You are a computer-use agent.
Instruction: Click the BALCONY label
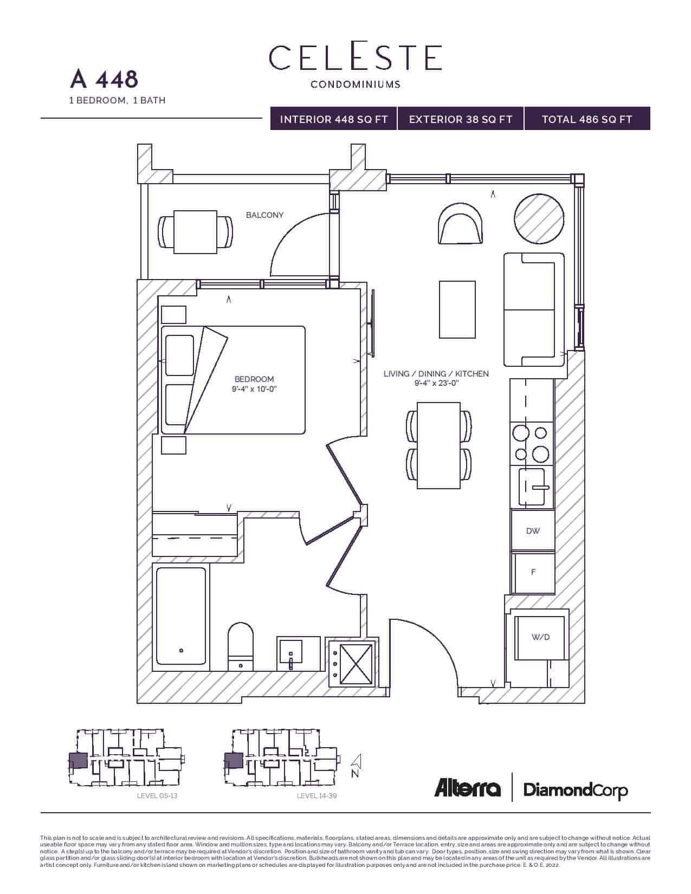(264, 215)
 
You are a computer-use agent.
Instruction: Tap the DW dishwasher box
(533, 531)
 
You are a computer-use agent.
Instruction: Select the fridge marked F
(533, 572)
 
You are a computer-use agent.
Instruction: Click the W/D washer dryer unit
(540, 637)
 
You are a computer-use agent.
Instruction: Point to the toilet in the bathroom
(241, 645)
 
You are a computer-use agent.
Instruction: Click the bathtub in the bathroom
(181, 616)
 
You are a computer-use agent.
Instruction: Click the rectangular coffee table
(457, 309)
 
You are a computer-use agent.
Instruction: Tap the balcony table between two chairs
(195, 232)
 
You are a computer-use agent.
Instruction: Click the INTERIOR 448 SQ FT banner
(334, 119)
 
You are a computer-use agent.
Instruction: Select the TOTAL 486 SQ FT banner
(587, 119)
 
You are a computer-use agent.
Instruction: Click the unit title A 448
(104, 79)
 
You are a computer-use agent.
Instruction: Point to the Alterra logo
(467, 788)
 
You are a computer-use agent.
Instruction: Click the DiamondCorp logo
(576, 790)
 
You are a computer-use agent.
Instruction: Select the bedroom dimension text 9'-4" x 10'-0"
(254, 389)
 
